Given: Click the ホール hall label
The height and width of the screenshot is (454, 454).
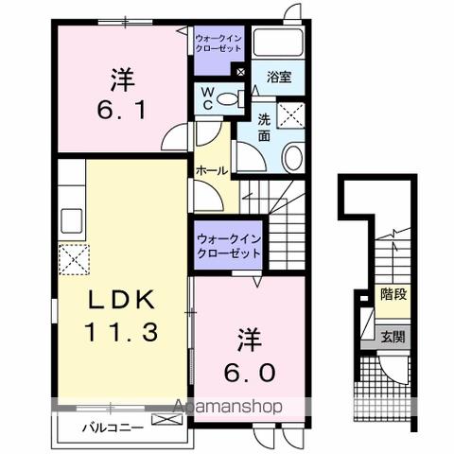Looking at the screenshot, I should (x=211, y=169).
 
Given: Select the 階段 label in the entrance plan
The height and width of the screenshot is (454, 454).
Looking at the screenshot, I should (x=394, y=295).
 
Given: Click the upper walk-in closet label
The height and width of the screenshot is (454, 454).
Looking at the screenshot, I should (x=218, y=43).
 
